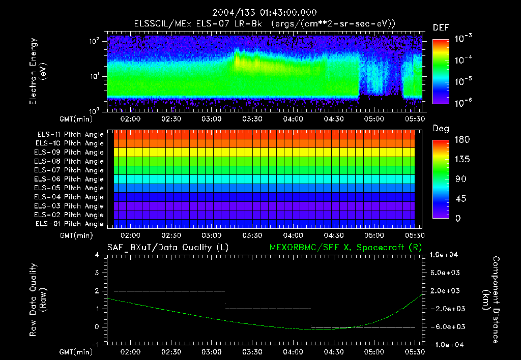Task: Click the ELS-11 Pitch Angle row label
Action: [70, 135]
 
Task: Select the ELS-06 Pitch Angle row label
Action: [70, 179]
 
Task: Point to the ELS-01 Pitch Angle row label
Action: [70, 224]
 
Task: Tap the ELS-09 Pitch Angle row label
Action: [70, 153]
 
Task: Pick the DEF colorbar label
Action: [440, 27]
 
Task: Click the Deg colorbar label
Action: [441, 129]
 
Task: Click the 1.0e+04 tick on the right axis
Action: [445, 255]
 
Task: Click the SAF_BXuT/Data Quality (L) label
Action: [167, 248]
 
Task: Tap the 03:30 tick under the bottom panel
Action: [252, 351]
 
